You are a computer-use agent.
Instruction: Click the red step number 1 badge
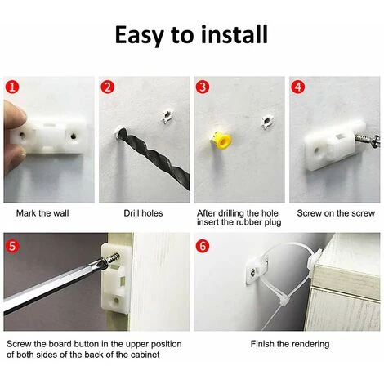pyautogui.click(x=12, y=87)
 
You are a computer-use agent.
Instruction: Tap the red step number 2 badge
pyautogui.click(x=108, y=87)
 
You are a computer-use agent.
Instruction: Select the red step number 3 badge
pyautogui.click(x=203, y=87)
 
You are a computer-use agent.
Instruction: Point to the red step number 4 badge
pyautogui.click(x=298, y=87)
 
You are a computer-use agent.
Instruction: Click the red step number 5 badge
pyautogui.click(x=12, y=246)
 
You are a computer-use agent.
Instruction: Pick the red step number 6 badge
pyautogui.click(x=203, y=246)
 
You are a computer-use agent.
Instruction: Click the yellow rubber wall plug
pyautogui.click(x=221, y=141)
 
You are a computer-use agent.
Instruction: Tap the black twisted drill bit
pyautogui.click(x=154, y=158)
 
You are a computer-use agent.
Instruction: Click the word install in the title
pyautogui.click(x=234, y=34)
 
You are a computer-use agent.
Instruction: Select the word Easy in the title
pyautogui.click(x=140, y=35)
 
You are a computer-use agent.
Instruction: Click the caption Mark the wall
pyautogui.click(x=42, y=213)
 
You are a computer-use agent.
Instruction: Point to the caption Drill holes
pyautogui.click(x=143, y=213)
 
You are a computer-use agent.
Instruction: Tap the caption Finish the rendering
pyautogui.click(x=290, y=344)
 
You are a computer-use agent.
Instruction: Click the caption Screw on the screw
pyautogui.click(x=336, y=213)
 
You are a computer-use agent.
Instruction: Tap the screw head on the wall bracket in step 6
pyautogui.click(x=254, y=271)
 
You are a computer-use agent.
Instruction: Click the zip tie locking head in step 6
pyautogui.click(x=282, y=301)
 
